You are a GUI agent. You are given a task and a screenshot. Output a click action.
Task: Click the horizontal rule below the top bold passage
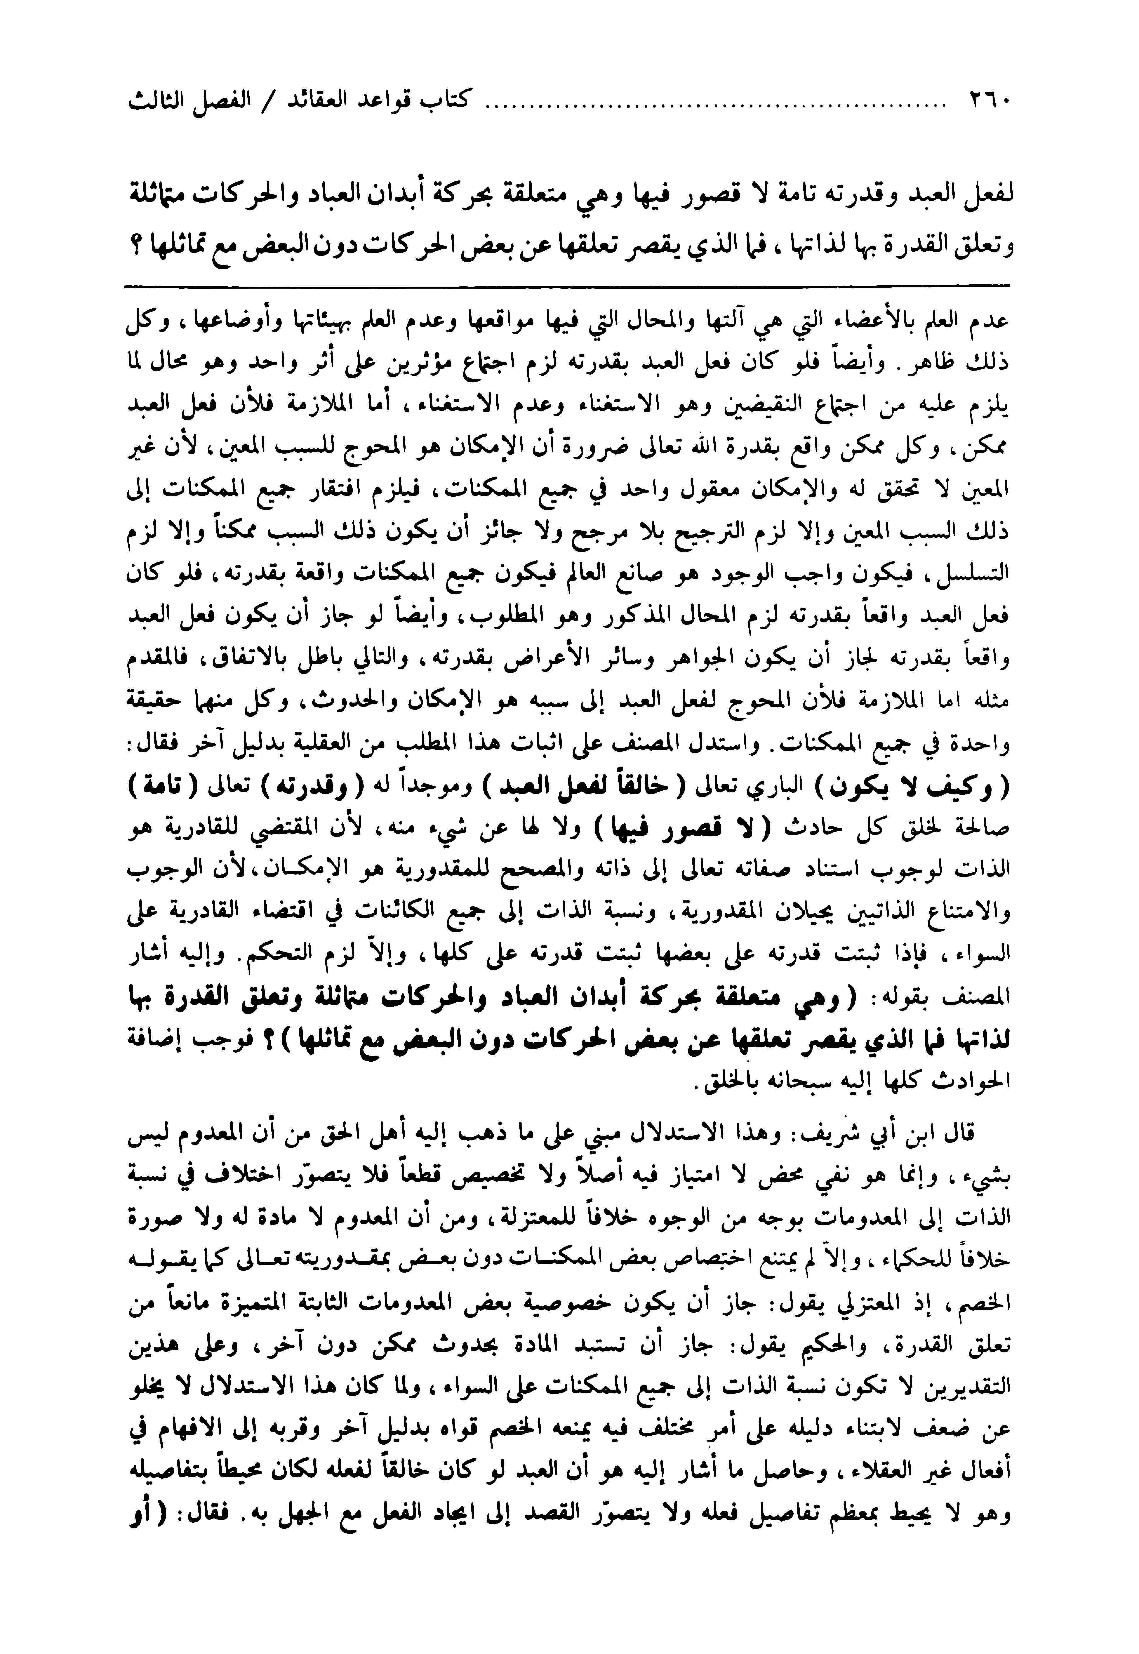pos(567,286)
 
